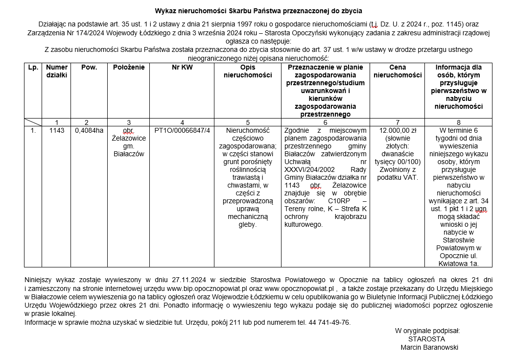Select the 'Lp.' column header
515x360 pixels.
tap(33, 67)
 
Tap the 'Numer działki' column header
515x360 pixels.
tap(57, 71)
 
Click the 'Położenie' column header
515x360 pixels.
tap(129, 67)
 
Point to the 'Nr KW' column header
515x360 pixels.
tap(182, 67)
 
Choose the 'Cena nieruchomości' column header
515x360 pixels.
tap(398, 71)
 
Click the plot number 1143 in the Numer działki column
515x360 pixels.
tap(57, 130)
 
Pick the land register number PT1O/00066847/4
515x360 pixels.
tap(182, 130)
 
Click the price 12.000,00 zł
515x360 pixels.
tap(398, 130)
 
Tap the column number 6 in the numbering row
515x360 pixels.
tap(325, 122)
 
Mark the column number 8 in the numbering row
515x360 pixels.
tap(458, 122)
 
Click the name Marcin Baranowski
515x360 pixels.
tap(429, 347)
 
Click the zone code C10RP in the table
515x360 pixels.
tap(334, 201)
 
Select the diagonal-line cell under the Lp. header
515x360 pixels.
tap(33, 122)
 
